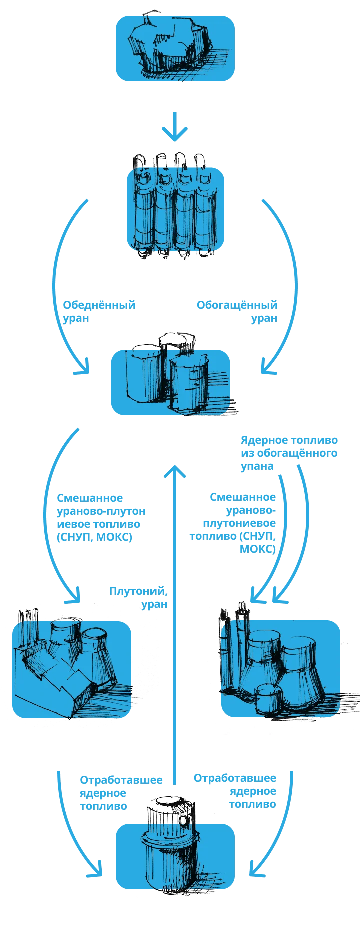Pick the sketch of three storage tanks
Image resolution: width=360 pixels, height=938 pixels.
[x=167, y=372]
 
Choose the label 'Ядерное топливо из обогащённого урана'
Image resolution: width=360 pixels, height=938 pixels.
[x=289, y=453]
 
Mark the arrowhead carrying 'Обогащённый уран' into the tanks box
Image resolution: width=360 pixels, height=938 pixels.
[x=268, y=368]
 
